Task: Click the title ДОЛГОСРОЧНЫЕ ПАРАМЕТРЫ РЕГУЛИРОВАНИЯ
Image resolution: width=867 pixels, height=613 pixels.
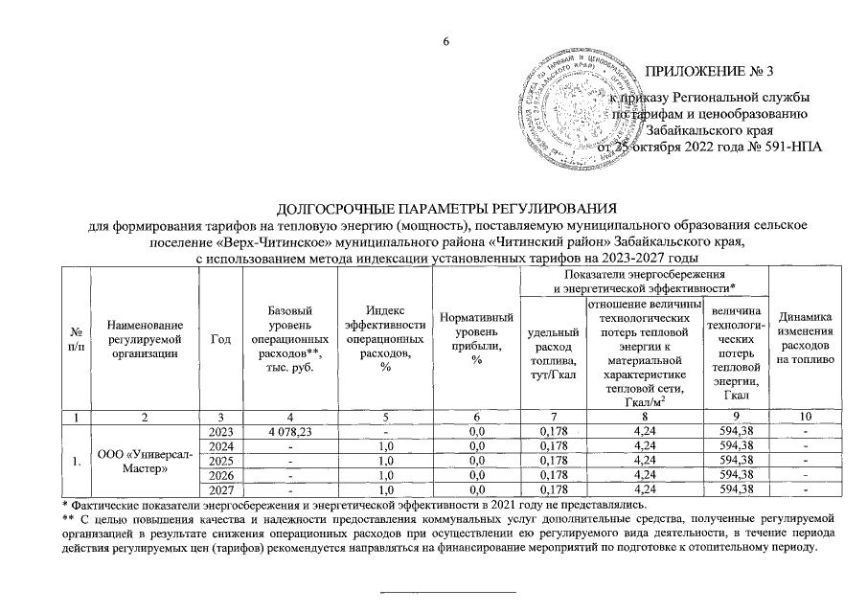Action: [444, 209]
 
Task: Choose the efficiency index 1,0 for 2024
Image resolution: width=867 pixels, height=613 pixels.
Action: [385, 445]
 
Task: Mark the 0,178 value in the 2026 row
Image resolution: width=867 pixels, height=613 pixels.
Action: [551, 476]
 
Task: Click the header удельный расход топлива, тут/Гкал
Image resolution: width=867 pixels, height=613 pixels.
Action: [551, 354]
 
